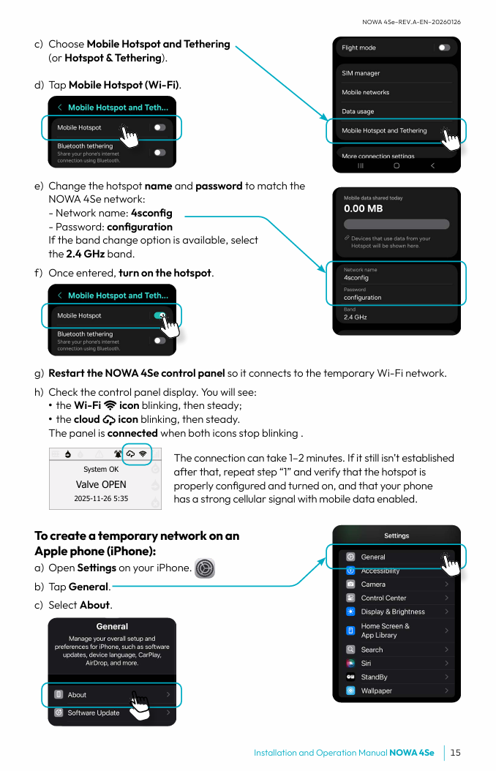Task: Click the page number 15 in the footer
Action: pos(455,753)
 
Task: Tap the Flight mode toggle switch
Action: pos(443,48)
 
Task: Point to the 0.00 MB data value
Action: pos(364,208)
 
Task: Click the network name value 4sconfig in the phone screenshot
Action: pos(356,278)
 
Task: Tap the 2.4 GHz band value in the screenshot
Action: pos(355,317)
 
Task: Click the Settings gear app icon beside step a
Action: pos(205,568)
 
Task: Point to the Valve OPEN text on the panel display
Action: pos(101,484)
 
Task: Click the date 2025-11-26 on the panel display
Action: pos(91,499)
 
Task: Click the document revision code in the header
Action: pos(411,22)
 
